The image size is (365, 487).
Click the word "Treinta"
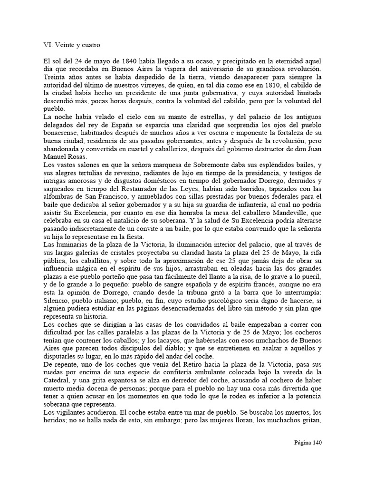coord(55,77)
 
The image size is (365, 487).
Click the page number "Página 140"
coord(307,442)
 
